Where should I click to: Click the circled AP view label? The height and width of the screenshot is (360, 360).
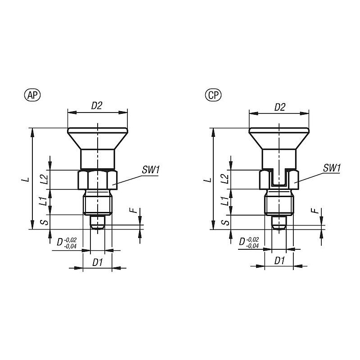(x=32, y=95)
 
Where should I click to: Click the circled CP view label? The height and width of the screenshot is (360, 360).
(x=213, y=95)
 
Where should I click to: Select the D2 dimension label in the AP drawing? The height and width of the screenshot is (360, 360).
(x=96, y=106)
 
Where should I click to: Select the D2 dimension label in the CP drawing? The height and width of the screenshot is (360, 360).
(x=279, y=107)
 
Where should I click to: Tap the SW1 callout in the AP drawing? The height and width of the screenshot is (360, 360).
(x=151, y=170)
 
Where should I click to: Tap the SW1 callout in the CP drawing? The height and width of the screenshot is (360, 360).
(x=332, y=168)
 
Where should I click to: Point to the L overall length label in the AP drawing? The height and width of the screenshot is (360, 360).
(x=27, y=179)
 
